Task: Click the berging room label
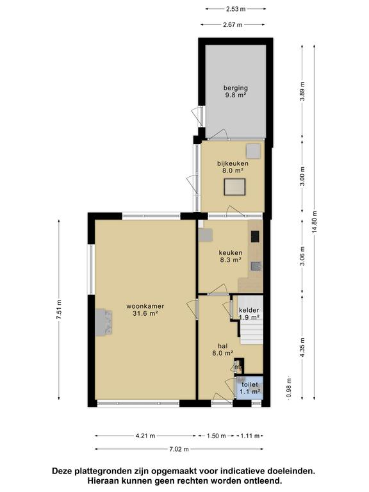click(236, 92)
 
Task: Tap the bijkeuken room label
click(233, 167)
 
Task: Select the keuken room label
click(231, 256)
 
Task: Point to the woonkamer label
click(145, 309)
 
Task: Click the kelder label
click(249, 310)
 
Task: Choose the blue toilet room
click(250, 388)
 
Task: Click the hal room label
click(222, 349)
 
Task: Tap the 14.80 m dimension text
click(315, 222)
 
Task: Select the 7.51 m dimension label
click(59, 309)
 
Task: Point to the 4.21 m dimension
click(145, 436)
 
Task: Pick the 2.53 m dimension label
click(236, 9)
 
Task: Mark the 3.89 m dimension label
click(302, 92)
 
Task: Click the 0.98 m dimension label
click(289, 388)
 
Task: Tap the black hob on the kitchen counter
click(255, 236)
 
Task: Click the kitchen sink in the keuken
click(256, 266)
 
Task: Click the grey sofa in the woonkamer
click(104, 322)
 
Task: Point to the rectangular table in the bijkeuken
click(234, 187)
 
